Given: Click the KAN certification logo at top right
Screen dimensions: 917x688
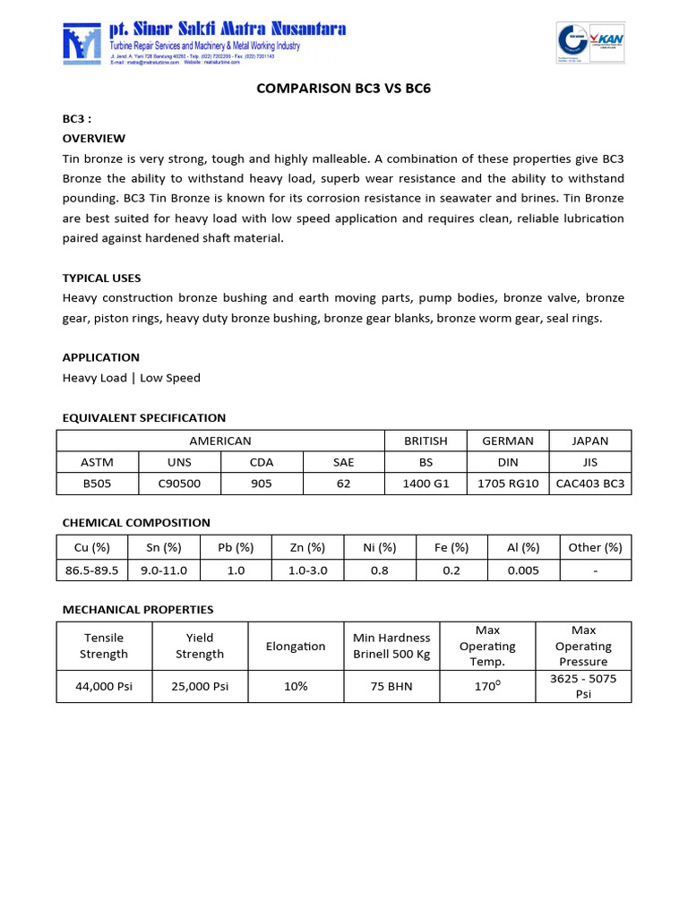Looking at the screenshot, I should coord(592,42).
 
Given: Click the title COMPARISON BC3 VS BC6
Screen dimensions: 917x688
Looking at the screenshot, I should coord(344,90).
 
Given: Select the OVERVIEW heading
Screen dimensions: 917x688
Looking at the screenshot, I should coord(93,139).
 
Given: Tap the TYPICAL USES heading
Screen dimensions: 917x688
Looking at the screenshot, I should coord(101,278).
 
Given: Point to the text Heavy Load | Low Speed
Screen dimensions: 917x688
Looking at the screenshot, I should coord(131,378).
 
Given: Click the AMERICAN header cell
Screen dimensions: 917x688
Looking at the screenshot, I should coord(220,441).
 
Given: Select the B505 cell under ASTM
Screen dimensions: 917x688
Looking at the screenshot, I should coord(98,484).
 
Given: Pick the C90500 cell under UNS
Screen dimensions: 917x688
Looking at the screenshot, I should coord(179,484).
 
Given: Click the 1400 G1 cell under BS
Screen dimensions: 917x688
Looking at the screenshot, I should coord(426,484).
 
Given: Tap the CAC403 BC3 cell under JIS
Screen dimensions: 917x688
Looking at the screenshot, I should coord(589,484).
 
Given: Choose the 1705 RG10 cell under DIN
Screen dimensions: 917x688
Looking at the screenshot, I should coord(508,484).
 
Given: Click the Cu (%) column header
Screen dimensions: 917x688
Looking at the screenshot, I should coord(92,548).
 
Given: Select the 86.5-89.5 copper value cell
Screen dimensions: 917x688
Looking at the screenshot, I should coord(92,570).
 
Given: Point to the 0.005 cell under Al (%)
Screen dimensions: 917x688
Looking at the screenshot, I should coord(523,570).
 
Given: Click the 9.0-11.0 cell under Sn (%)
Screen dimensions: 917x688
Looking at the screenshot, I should coord(164,570).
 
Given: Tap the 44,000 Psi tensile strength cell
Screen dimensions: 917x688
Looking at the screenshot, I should coord(104,686).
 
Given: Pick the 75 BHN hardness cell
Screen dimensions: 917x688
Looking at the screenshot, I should coord(391,686).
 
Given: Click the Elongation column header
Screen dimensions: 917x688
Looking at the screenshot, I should coord(296,647).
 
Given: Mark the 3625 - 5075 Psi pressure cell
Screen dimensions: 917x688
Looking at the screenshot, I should coord(583,686).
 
